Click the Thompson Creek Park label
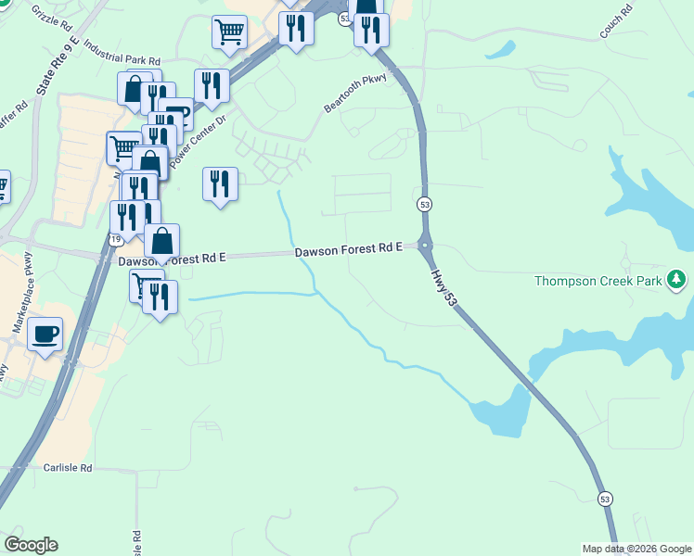coord(598,281)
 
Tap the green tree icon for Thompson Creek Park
coord(677,279)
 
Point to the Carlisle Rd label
coord(68,469)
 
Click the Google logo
coord(31,545)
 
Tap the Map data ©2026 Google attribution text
coord(637,549)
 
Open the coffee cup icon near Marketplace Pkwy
coord(45,334)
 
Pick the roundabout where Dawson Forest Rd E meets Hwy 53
coord(425,246)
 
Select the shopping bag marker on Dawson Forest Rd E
coord(161,242)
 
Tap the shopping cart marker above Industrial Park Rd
coord(229,32)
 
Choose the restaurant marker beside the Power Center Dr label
coord(212,86)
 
